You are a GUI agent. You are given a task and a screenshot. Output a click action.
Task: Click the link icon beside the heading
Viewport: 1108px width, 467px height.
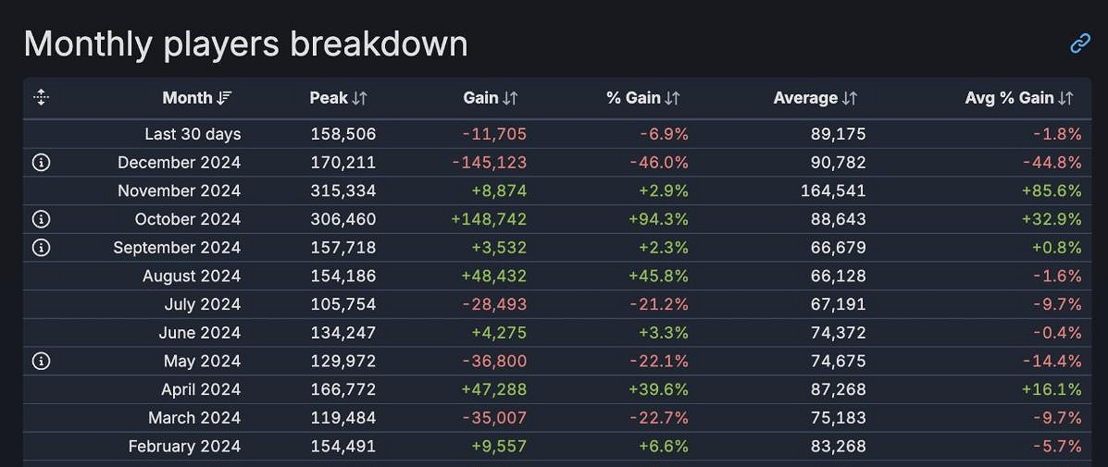[1080, 43]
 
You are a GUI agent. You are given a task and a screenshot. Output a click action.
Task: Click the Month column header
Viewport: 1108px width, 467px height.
[188, 98]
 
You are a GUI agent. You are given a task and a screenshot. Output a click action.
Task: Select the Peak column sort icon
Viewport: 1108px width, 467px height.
[360, 98]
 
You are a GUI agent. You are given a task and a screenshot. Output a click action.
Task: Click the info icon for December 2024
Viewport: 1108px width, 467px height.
[41, 163]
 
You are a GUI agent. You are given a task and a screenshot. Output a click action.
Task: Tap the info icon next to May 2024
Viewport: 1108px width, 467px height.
[41, 361]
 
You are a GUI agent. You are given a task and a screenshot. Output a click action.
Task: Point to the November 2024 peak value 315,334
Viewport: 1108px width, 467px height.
[342, 191]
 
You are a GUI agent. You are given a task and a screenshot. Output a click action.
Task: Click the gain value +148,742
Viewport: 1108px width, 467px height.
[488, 219]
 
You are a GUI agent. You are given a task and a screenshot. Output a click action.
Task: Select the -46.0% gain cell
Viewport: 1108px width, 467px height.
[664, 163]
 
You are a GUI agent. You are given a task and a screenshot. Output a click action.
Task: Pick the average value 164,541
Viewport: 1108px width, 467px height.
[833, 191]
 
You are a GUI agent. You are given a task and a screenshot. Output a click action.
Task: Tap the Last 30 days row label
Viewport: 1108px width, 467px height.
[193, 134]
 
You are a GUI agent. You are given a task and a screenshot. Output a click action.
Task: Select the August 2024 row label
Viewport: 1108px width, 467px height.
[192, 276]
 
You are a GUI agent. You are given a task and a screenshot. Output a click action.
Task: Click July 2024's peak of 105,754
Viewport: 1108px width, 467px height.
[342, 304]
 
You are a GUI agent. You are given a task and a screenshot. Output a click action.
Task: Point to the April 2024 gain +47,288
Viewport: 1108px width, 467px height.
[492, 389]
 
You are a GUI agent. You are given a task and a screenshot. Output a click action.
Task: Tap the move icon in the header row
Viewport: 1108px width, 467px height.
[41, 97]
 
